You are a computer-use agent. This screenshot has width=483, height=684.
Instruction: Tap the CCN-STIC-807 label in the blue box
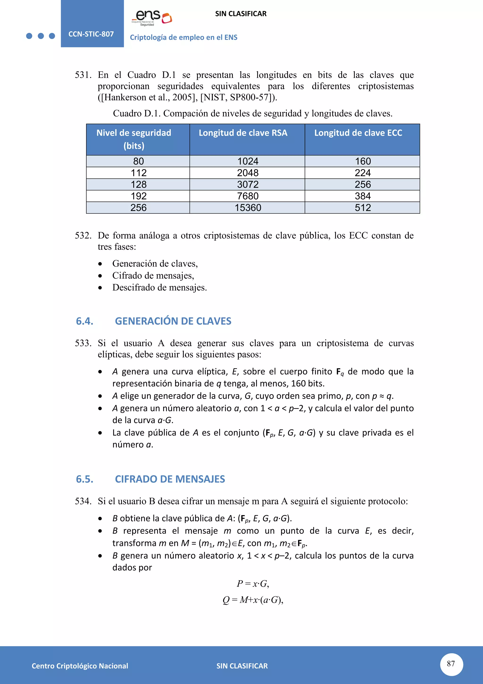point(91,34)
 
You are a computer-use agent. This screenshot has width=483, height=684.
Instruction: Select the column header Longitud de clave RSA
point(243,133)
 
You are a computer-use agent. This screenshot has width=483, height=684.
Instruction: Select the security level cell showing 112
point(139,173)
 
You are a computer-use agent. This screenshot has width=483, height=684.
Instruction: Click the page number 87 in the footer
point(451,663)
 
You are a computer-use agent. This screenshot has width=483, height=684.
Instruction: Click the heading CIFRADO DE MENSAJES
point(170,479)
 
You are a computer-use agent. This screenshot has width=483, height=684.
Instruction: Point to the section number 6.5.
point(84,479)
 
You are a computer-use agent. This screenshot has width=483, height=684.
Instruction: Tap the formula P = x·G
point(253,584)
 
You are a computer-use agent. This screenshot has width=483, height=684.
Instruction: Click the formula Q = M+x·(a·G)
point(253,599)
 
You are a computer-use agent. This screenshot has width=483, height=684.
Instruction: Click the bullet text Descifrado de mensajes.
point(159,287)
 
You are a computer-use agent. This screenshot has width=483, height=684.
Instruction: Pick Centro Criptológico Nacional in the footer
point(80,666)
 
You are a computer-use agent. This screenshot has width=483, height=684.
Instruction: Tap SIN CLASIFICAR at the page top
point(241,14)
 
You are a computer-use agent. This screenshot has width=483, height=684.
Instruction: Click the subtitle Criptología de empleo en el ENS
point(183,37)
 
